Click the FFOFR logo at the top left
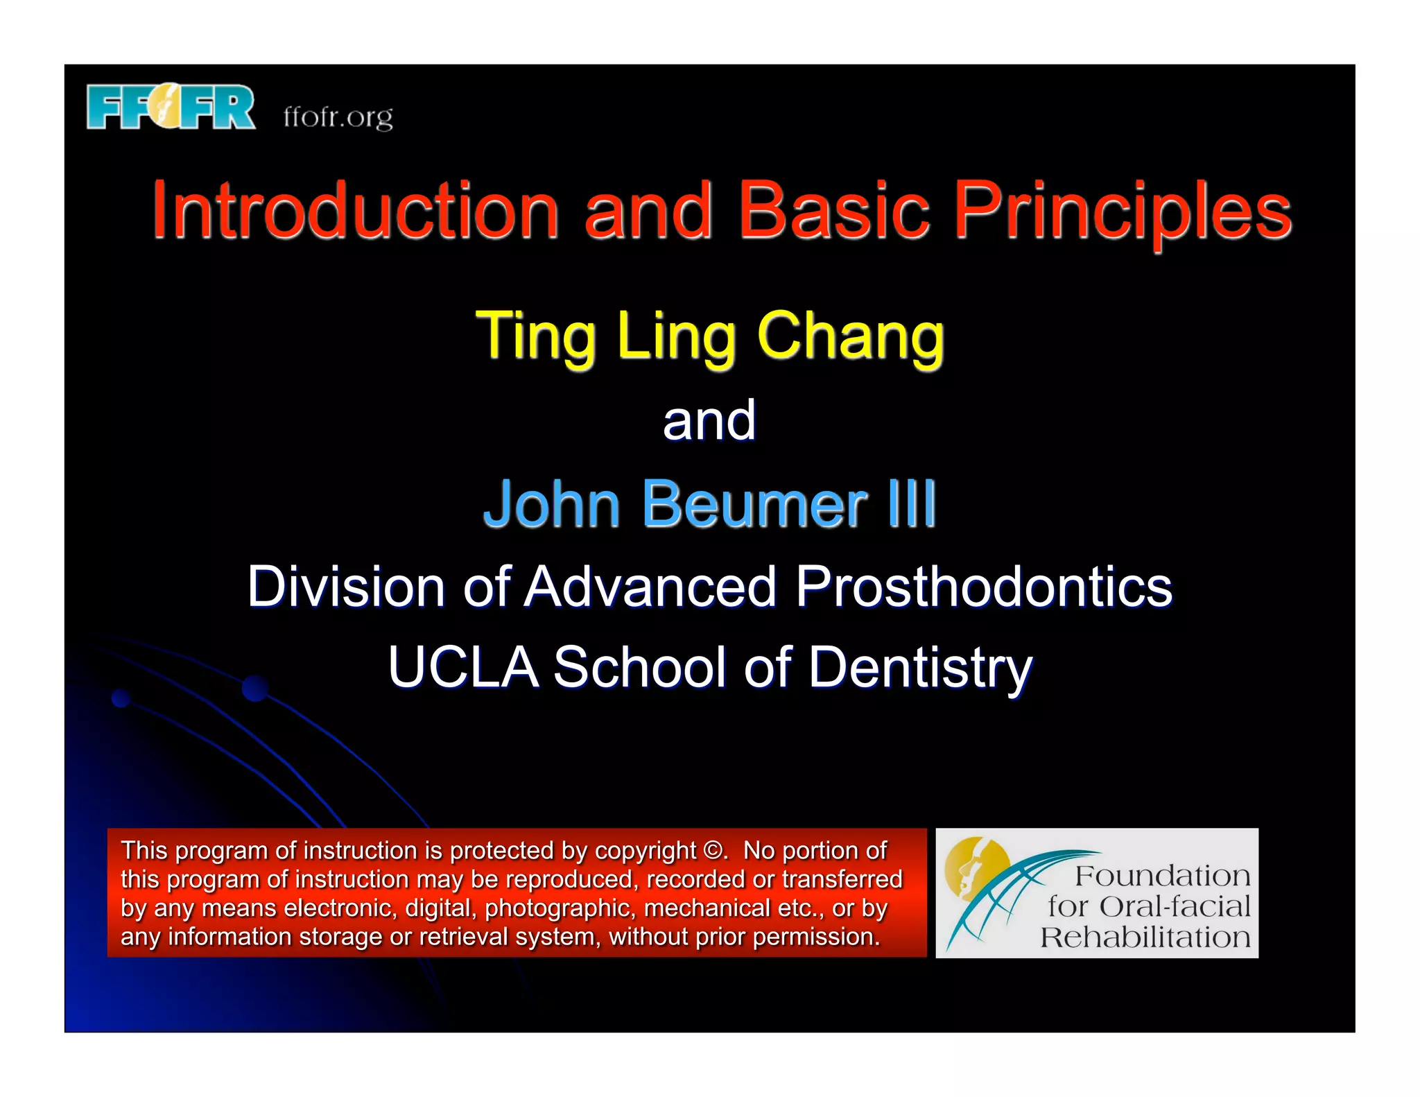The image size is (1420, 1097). [171, 107]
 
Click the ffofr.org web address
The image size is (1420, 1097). [338, 116]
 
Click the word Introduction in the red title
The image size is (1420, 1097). [355, 209]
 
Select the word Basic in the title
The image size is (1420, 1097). [833, 209]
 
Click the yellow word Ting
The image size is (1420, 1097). [535, 336]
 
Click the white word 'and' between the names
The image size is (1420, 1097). [709, 421]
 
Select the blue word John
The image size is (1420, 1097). [551, 504]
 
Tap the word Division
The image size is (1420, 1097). [345, 587]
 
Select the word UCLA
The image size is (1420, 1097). [463, 667]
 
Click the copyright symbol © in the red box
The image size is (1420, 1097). [712, 851]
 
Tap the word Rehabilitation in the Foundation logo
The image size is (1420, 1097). [1145, 938]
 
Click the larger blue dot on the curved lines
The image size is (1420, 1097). [255, 688]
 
